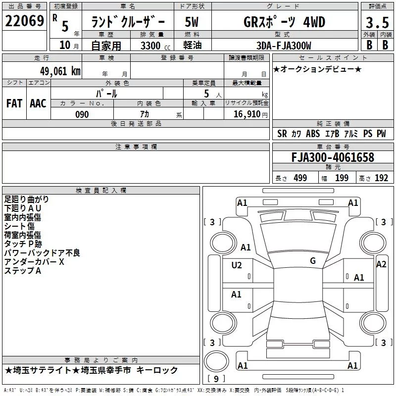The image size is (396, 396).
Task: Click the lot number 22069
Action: click(24, 21)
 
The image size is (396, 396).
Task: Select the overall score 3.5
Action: click(377, 22)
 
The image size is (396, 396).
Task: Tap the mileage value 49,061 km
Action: click(60, 71)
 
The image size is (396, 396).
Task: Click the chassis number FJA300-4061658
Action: click(333, 157)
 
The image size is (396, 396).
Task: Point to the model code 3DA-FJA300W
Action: click(284, 46)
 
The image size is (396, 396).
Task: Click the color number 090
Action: click(82, 114)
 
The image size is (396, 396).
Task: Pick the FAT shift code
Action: click(14, 103)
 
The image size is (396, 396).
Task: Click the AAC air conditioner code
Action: click(38, 103)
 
